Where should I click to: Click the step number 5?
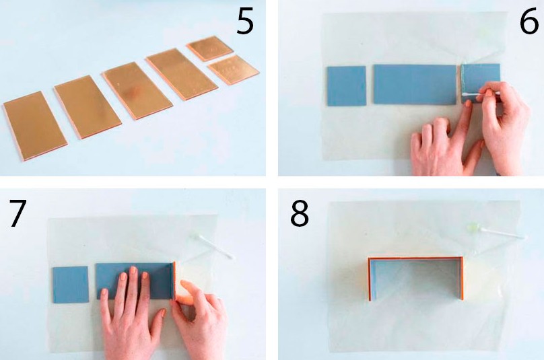(245, 22)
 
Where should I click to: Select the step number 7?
(18, 213)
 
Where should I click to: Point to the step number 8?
(300, 213)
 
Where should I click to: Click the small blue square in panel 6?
(347, 86)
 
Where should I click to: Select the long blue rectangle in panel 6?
(415, 84)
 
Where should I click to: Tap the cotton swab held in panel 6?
(480, 94)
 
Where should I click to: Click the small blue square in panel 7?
(71, 285)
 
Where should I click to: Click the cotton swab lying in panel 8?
(497, 231)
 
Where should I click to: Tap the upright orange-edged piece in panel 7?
(174, 281)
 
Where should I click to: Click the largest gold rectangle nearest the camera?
(35, 126)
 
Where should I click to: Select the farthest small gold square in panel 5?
(209, 48)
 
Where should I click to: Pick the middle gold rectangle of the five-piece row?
(137, 90)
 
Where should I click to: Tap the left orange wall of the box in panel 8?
(370, 279)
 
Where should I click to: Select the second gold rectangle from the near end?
(88, 106)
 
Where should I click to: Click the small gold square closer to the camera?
(234, 69)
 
